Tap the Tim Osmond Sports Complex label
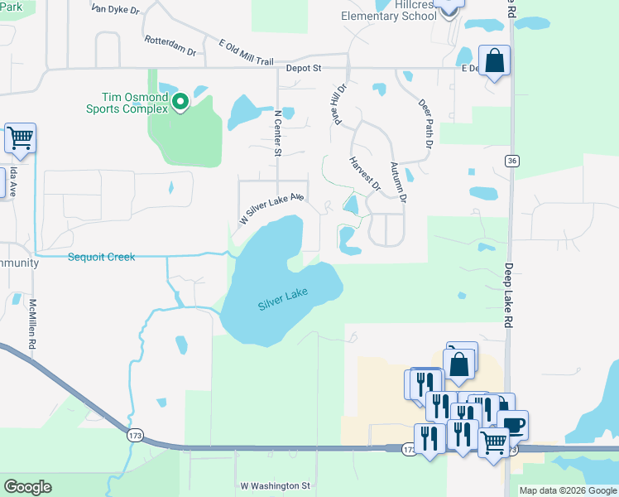128,101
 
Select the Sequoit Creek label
101,257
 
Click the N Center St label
278,132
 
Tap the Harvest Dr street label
364,174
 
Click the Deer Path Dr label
426,125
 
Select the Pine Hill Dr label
338,101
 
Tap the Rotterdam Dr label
170,46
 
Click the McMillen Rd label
34,324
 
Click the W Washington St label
275,486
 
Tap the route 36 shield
513,161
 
